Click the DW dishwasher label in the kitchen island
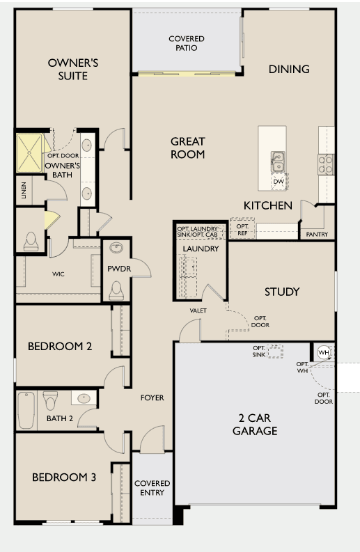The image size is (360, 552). click(x=279, y=182)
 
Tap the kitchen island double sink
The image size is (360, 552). click(x=278, y=161)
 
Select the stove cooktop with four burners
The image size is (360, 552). click(x=326, y=165)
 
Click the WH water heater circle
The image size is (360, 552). click(x=323, y=352)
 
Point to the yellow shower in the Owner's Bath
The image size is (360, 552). click(x=29, y=152)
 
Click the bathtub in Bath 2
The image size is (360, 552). click(x=26, y=410)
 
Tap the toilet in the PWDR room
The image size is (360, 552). click(x=116, y=290)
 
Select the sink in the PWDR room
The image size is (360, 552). click(x=116, y=248)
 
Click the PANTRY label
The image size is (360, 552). click(x=317, y=234)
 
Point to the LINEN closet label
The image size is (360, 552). click(x=24, y=190)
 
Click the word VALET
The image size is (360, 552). click(x=198, y=310)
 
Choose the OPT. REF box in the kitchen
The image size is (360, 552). click(x=242, y=229)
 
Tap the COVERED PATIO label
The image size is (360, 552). click(x=187, y=43)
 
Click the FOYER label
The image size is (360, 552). click(x=152, y=397)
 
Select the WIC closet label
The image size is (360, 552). click(x=58, y=274)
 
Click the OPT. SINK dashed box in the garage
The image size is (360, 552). click(x=275, y=352)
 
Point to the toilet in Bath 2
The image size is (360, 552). click(x=50, y=400)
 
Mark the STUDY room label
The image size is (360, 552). click(x=282, y=292)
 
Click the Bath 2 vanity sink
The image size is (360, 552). click(x=84, y=398)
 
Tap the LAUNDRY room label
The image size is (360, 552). click(x=201, y=249)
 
